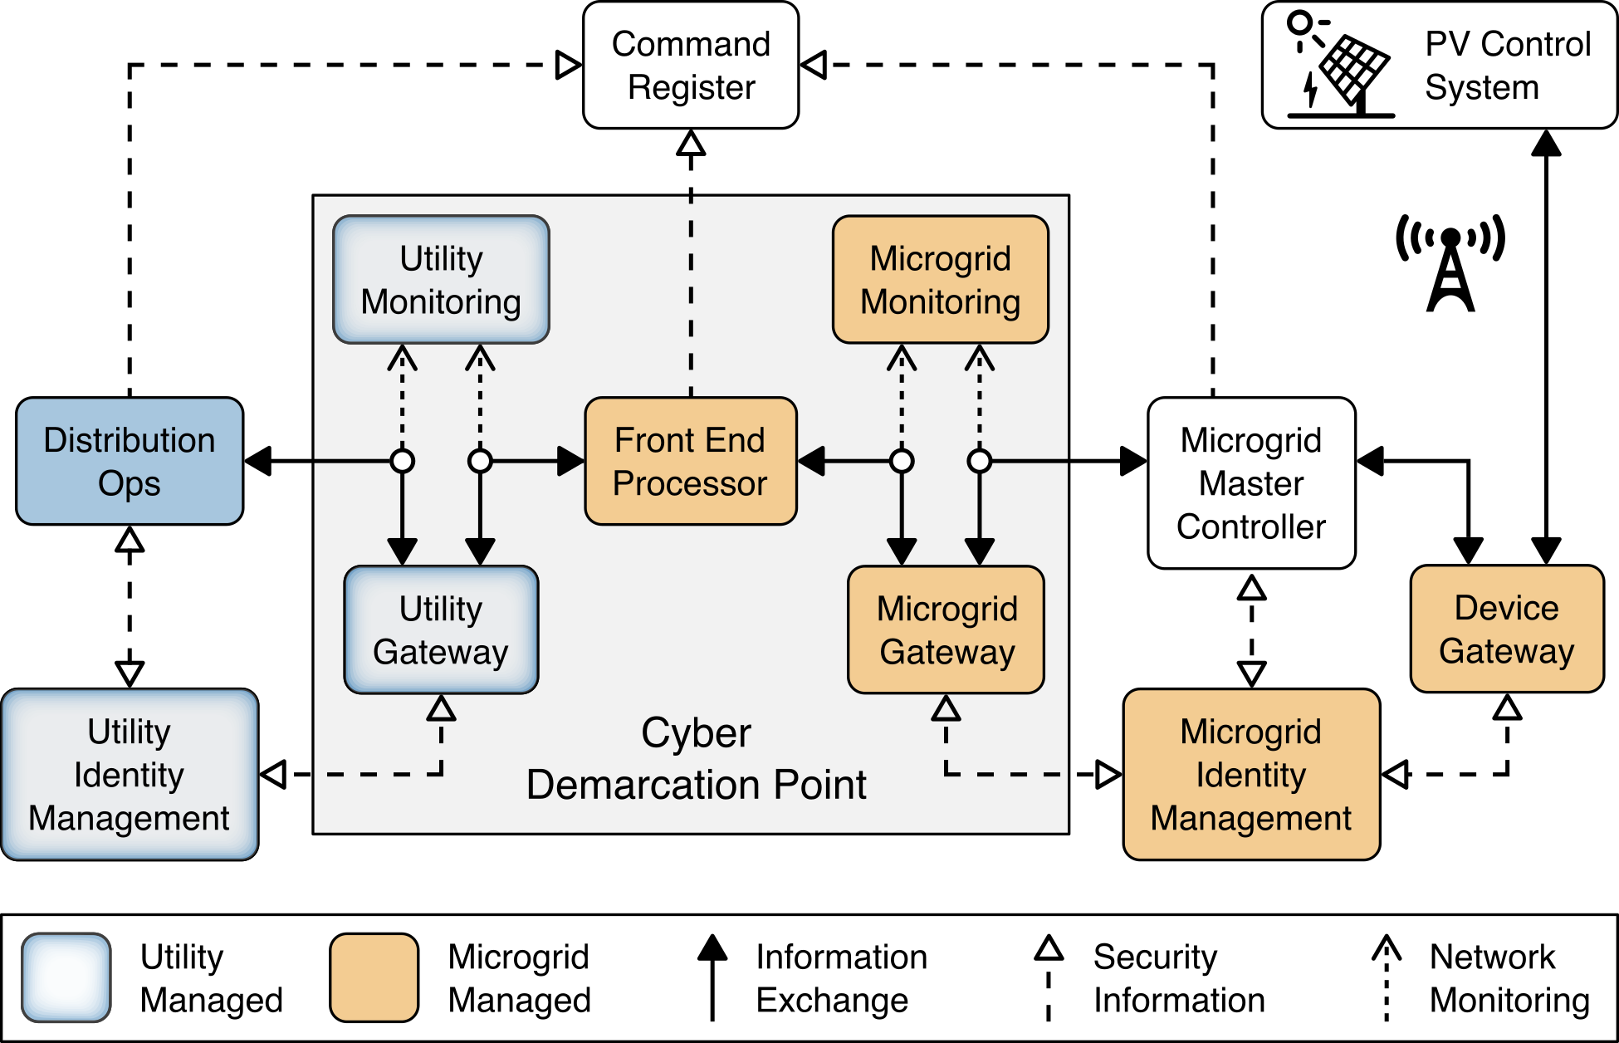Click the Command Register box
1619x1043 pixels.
(691, 66)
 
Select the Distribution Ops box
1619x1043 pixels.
(130, 461)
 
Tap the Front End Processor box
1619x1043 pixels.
(691, 461)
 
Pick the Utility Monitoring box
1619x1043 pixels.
(441, 280)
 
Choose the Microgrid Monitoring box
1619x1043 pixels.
(940, 280)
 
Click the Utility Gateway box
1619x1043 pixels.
(441, 629)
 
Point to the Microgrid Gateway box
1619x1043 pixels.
(946, 629)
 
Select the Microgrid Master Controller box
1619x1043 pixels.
(1251, 482)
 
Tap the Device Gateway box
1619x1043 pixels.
(1507, 629)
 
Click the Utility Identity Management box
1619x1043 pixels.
(130, 774)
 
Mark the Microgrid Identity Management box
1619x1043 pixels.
(1251, 774)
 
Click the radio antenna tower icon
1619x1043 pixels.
(1450, 264)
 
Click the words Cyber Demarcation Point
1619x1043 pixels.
(696, 758)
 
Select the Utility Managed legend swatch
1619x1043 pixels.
(66, 977)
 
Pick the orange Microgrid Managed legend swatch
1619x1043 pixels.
(374, 977)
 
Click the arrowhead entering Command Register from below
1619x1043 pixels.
(691, 144)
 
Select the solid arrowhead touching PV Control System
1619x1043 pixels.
(1546, 144)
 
